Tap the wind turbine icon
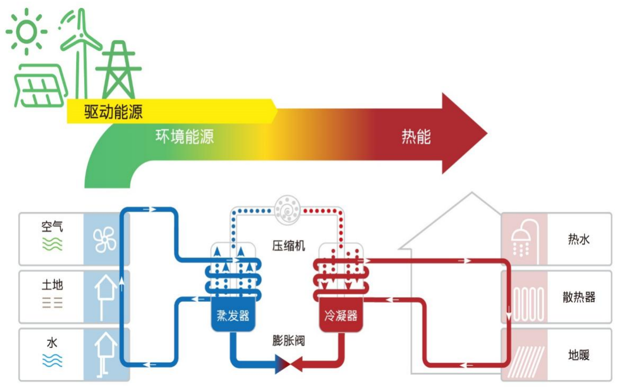81,42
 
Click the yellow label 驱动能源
113,112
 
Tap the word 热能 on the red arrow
416,137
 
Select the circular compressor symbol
288,209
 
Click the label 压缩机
289,246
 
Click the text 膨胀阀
289,340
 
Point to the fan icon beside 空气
105,240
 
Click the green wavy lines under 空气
52,244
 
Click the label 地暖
578,355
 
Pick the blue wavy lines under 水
52,361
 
